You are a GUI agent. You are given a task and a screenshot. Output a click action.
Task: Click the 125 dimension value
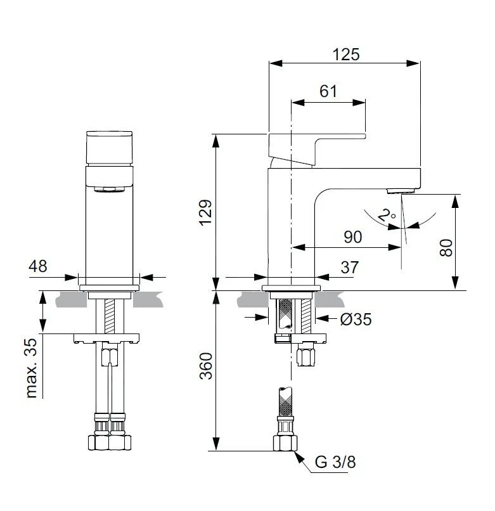(346, 55)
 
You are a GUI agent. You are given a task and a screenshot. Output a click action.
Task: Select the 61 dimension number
(328, 91)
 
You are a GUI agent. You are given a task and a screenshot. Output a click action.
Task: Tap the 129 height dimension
(206, 212)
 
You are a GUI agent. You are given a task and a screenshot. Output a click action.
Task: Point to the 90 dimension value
(353, 237)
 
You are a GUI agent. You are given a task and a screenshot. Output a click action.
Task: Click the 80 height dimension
(446, 248)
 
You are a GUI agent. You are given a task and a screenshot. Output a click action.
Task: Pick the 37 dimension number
(350, 268)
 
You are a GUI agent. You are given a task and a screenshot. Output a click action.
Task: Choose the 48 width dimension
(38, 266)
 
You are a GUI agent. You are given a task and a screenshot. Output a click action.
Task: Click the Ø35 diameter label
(356, 320)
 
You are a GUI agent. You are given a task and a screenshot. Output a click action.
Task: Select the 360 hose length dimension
(206, 366)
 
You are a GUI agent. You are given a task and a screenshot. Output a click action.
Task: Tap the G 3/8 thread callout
(335, 462)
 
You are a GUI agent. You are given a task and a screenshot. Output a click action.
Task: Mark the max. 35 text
(32, 368)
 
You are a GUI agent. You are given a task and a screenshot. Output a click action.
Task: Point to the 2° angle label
(387, 215)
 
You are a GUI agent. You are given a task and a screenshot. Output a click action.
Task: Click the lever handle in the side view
(317, 150)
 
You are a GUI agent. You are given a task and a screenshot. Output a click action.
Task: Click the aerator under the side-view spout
(401, 191)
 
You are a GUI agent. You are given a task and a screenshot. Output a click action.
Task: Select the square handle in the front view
(110, 148)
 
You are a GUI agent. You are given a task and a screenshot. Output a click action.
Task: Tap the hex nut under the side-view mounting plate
(306, 356)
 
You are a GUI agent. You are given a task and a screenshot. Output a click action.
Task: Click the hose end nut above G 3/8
(285, 443)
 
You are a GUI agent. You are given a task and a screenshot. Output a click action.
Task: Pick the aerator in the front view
(110, 190)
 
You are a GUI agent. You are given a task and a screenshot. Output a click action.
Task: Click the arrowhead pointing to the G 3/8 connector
(299, 456)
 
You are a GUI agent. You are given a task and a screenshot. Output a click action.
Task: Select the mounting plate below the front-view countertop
(106, 339)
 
